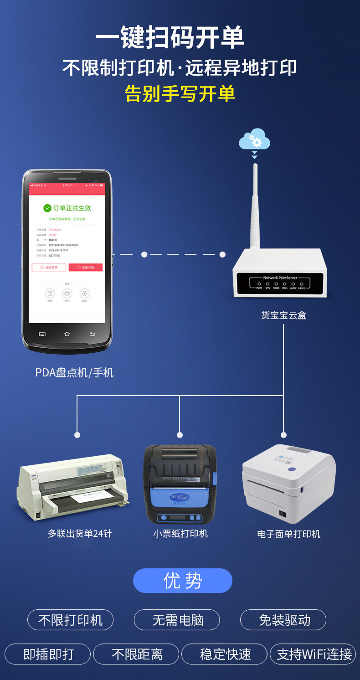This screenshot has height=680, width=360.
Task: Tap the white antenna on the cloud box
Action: click(x=255, y=205)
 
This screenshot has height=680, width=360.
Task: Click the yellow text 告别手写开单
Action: click(x=180, y=93)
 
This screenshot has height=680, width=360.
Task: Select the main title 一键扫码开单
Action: click(x=170, y=38)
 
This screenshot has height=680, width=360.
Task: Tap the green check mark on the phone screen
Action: click(x=47, y=208)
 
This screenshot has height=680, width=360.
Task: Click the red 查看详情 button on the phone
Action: click(x=85, y=268)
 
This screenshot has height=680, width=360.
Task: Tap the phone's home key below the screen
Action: click(x=67, y=334)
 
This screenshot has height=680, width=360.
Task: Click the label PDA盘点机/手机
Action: click(x=74, y=373)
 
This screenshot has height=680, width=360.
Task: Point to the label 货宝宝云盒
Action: click(x=283, y=315)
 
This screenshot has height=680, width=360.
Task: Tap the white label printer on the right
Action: click(x=288, y=483)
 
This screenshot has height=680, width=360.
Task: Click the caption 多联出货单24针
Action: click(x=80, y=534)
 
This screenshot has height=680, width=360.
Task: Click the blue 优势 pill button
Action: click(x=182, y=581)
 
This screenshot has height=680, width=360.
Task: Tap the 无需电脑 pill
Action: click(x=177, y=620)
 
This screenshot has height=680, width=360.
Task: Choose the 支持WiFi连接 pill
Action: click(x=314, y=654)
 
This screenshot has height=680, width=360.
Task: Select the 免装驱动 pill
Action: click(x=283, y=620)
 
